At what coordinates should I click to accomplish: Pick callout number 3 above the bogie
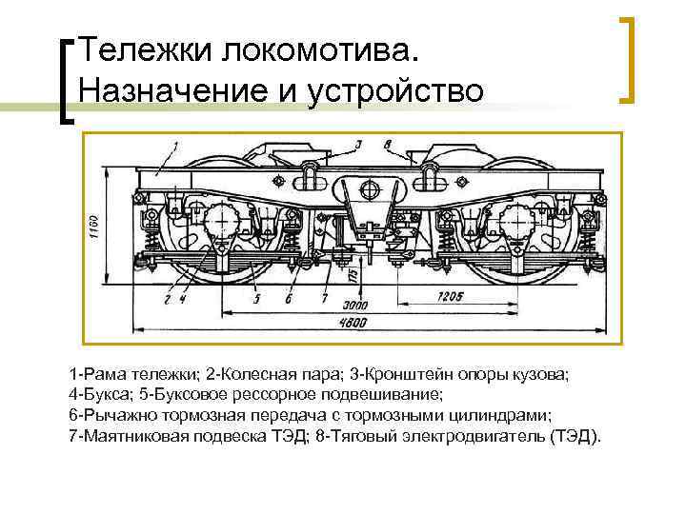click(x=357, y=145)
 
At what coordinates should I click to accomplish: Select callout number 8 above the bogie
click(x=388, y=145)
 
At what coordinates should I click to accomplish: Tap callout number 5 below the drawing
click(x=257, y=299)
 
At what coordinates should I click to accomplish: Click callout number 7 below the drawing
click(x=324, y=299)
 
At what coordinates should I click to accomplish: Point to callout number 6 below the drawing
click(x=289, y=299)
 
